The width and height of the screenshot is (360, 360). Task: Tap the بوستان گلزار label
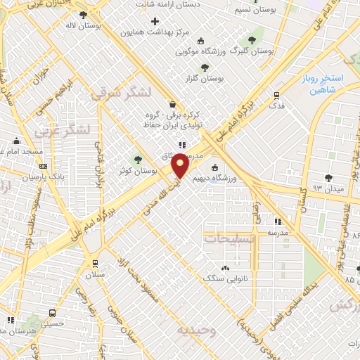click(x=205, y=79)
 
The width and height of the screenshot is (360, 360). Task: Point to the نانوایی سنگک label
click(x=222, y=278)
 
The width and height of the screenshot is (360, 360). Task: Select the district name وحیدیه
click(x=193, y=329)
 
